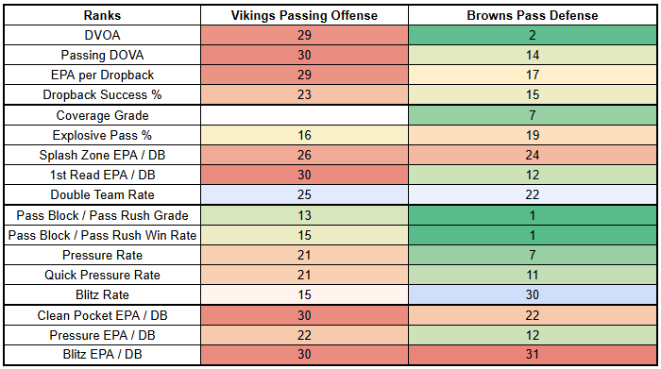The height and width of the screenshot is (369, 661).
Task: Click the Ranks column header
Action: (x=102, y=16)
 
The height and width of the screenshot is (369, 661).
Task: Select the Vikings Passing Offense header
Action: (x=304, y=16)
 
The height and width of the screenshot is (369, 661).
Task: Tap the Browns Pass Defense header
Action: (x=533, y=16)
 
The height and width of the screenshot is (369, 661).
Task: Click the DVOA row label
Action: (x=102, y=35)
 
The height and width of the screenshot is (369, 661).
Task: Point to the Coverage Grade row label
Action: (x=102, y=115)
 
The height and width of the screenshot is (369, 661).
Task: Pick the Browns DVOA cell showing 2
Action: (x=533, y=35)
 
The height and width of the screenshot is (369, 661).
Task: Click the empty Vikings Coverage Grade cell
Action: (x=304, y=115)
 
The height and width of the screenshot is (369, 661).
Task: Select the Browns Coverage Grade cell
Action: (x=533, y=115)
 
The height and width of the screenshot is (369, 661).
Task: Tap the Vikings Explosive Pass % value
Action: (x=304, y=135)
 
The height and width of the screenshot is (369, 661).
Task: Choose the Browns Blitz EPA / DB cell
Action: (x=533, y=355)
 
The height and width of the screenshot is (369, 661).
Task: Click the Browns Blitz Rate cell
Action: (x=533, y=294)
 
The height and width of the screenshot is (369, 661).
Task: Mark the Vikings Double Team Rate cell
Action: (x=304, y=194)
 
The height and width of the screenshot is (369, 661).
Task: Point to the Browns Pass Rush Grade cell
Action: (x=533, y=215)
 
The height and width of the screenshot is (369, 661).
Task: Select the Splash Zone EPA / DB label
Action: (x=102, y=155)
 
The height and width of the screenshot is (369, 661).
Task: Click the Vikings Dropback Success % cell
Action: (x=304, y=94)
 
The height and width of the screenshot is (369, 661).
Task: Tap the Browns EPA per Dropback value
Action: (x=533, y=75)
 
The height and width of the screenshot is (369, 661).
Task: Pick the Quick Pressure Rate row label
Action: (x=102, y=275)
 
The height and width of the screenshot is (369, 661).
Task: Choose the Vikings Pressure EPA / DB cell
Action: (x=304, y=335)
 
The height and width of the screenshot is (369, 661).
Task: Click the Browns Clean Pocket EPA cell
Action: (x=533, y=315)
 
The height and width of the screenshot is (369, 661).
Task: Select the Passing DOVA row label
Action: (x=102, y=55)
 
